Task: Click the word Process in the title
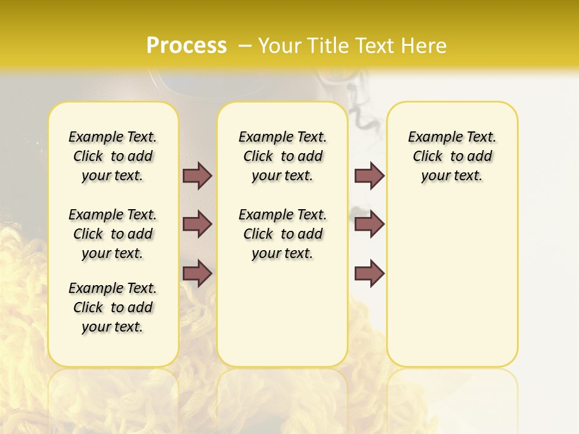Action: (186, 45)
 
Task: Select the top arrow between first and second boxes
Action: (197, 175)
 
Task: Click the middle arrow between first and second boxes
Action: (197, 224)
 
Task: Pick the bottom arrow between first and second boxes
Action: (197, 274)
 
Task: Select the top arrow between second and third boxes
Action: (369, 175)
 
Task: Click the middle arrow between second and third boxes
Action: (369, 224)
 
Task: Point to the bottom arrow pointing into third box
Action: (369, 274)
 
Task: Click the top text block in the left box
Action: (113, 156)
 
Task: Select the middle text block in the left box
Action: (113, 234)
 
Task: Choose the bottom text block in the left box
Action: (113, 307)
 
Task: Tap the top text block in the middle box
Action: (282, 156)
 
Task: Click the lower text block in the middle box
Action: (282, 234)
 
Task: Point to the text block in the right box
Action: (452, 156)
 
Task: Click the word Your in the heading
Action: (280, 46)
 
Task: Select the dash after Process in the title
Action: (245, 46)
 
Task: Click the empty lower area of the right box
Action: (452, 283)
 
